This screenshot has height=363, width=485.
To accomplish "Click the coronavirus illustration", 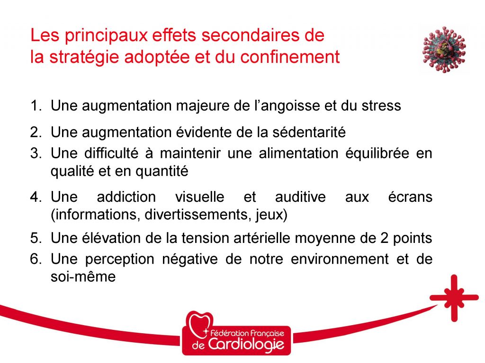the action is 444,49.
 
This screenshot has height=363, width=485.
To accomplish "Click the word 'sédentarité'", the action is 309,132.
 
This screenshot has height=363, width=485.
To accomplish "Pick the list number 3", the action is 36,154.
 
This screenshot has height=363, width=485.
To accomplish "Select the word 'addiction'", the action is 126,197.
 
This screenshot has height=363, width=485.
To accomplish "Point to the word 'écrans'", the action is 410,197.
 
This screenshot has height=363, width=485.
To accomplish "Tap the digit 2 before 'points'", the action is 384,238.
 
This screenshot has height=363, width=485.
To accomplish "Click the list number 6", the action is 36,259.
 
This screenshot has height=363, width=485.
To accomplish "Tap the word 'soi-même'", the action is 83,277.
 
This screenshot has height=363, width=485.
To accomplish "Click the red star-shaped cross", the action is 454,298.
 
